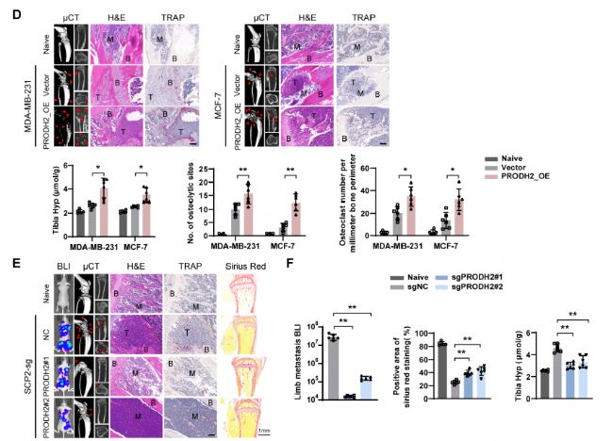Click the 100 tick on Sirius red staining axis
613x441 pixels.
pos(424,332)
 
